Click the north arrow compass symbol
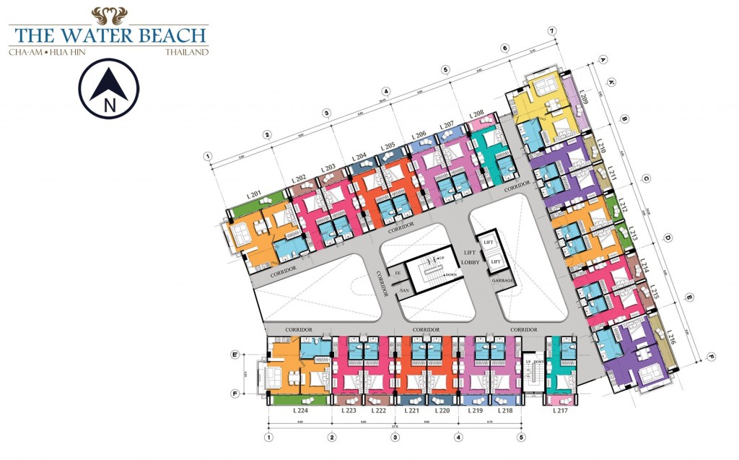[109, 88]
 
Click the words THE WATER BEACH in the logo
[108, 34]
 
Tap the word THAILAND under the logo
[186, 52]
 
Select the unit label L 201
[253, 194]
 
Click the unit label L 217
[560, 410]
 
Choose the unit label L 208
[476, 114]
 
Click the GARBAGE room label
[503, 280]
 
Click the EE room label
[396, 273]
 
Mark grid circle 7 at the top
[552, 31]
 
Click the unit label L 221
[412, 410]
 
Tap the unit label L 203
[329, 168]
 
